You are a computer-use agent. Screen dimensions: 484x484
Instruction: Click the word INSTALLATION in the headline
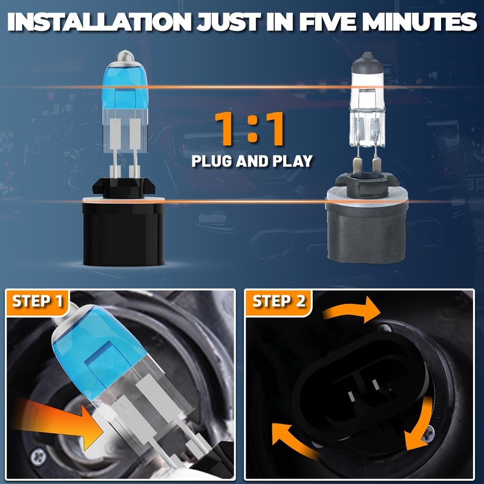(99, 22)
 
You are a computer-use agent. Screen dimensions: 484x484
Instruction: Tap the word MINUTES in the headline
(420, 22)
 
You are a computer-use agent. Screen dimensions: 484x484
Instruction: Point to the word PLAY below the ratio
(293, 161)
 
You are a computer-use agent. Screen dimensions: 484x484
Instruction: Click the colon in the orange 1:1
(252, 129)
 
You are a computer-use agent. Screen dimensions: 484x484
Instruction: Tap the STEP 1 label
(38, 301)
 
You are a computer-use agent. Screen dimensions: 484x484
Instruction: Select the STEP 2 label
(279, 301)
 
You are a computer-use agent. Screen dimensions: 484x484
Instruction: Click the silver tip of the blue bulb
(125, 56)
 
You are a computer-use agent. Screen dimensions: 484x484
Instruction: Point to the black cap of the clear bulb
(367, 64)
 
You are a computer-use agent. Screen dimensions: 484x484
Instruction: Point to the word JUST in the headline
(229, 22)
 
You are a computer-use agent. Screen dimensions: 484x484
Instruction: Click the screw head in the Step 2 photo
(429, 435)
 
